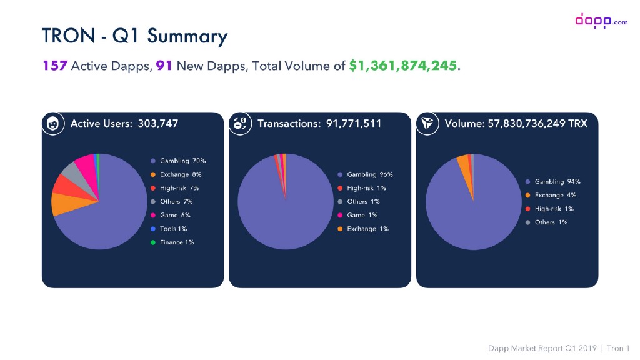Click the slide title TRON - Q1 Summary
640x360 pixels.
coord(134,36)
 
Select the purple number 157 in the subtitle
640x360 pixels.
coord(55,66)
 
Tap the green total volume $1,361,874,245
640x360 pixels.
coord(404,66)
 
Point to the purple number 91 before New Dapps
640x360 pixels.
coord(164,66)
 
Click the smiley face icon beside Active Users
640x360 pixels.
coord(54,124)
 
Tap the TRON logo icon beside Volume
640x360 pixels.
coord(429,124)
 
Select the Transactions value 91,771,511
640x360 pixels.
coord(354,124)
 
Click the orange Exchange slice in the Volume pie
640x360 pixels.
coord(462,162)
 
